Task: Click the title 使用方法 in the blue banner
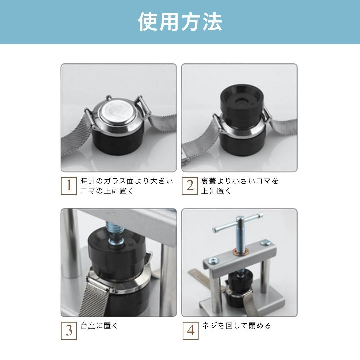(x=180, y=22)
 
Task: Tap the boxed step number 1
(x=69, y=186)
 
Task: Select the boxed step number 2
(x=190, y=186)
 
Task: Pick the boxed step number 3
(x=69, y=331)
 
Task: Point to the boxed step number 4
(x=190, y=331)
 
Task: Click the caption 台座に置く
(x=99, y=326)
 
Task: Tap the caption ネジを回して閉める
(x=236, y=326)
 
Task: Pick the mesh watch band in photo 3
(x=95, y=296)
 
